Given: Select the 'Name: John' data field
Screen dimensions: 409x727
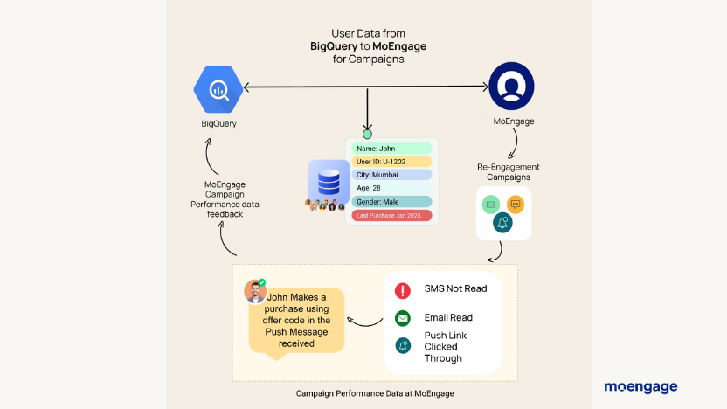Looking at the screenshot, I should click(x=391, y=149).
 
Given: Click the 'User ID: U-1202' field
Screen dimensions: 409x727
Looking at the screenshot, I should click(x=391, y=162).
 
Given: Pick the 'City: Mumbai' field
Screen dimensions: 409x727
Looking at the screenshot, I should click(x=391, y=175).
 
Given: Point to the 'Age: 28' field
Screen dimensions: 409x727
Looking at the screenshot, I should click(x=391, y=188).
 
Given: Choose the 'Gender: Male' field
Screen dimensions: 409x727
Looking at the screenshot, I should click(x=391, y=202).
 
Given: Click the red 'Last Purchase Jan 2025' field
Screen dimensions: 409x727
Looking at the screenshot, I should click(x=391, y=215).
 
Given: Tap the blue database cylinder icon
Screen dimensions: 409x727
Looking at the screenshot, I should click(x=328, y=182).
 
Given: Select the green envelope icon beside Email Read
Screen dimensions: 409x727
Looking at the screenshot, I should click(x=403, y=318).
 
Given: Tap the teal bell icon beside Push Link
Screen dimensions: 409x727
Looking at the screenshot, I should click(x=403, y=345).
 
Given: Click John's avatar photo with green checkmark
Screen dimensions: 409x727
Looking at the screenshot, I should click(x=254, y=291).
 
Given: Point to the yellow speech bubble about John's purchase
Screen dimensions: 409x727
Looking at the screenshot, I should click(x=297, y=320).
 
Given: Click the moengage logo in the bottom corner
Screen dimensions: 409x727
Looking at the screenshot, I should click(x=640, y=386).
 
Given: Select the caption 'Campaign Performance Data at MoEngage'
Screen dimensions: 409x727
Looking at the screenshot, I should click(x=375, y=394).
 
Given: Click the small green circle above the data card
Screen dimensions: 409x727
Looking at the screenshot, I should click(x=368, y=135).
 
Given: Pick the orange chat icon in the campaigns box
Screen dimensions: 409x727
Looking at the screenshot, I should click(x=516, y=204).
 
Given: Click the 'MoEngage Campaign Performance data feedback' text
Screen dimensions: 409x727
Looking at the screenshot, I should click(x=231, y=199).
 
